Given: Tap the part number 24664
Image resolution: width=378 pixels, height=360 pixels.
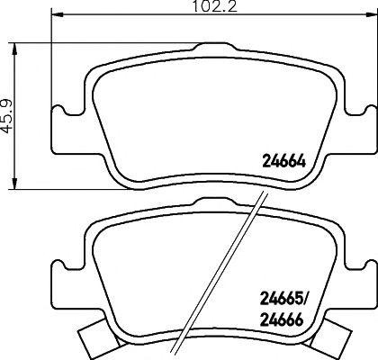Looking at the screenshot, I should click(x=279, y=162).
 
